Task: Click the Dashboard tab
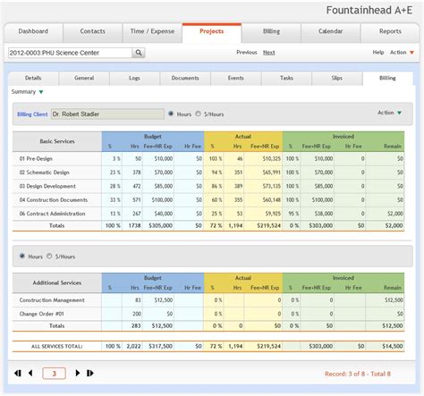click(34, 31)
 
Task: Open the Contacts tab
click(92, 31)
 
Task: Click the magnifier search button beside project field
click(140, 53)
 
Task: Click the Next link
click(268, 53)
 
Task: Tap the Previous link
click(247, 53)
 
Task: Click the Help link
click(378, 53)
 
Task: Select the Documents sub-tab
click(185, 79)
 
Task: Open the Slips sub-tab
click(337, 79)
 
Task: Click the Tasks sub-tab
click(286, 79)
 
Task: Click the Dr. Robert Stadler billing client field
click(105, 114)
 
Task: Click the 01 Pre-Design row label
click(37, 158)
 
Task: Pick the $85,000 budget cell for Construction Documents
click(162, 200)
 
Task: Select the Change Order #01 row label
click(44, 314)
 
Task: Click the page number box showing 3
click(54, 374)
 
